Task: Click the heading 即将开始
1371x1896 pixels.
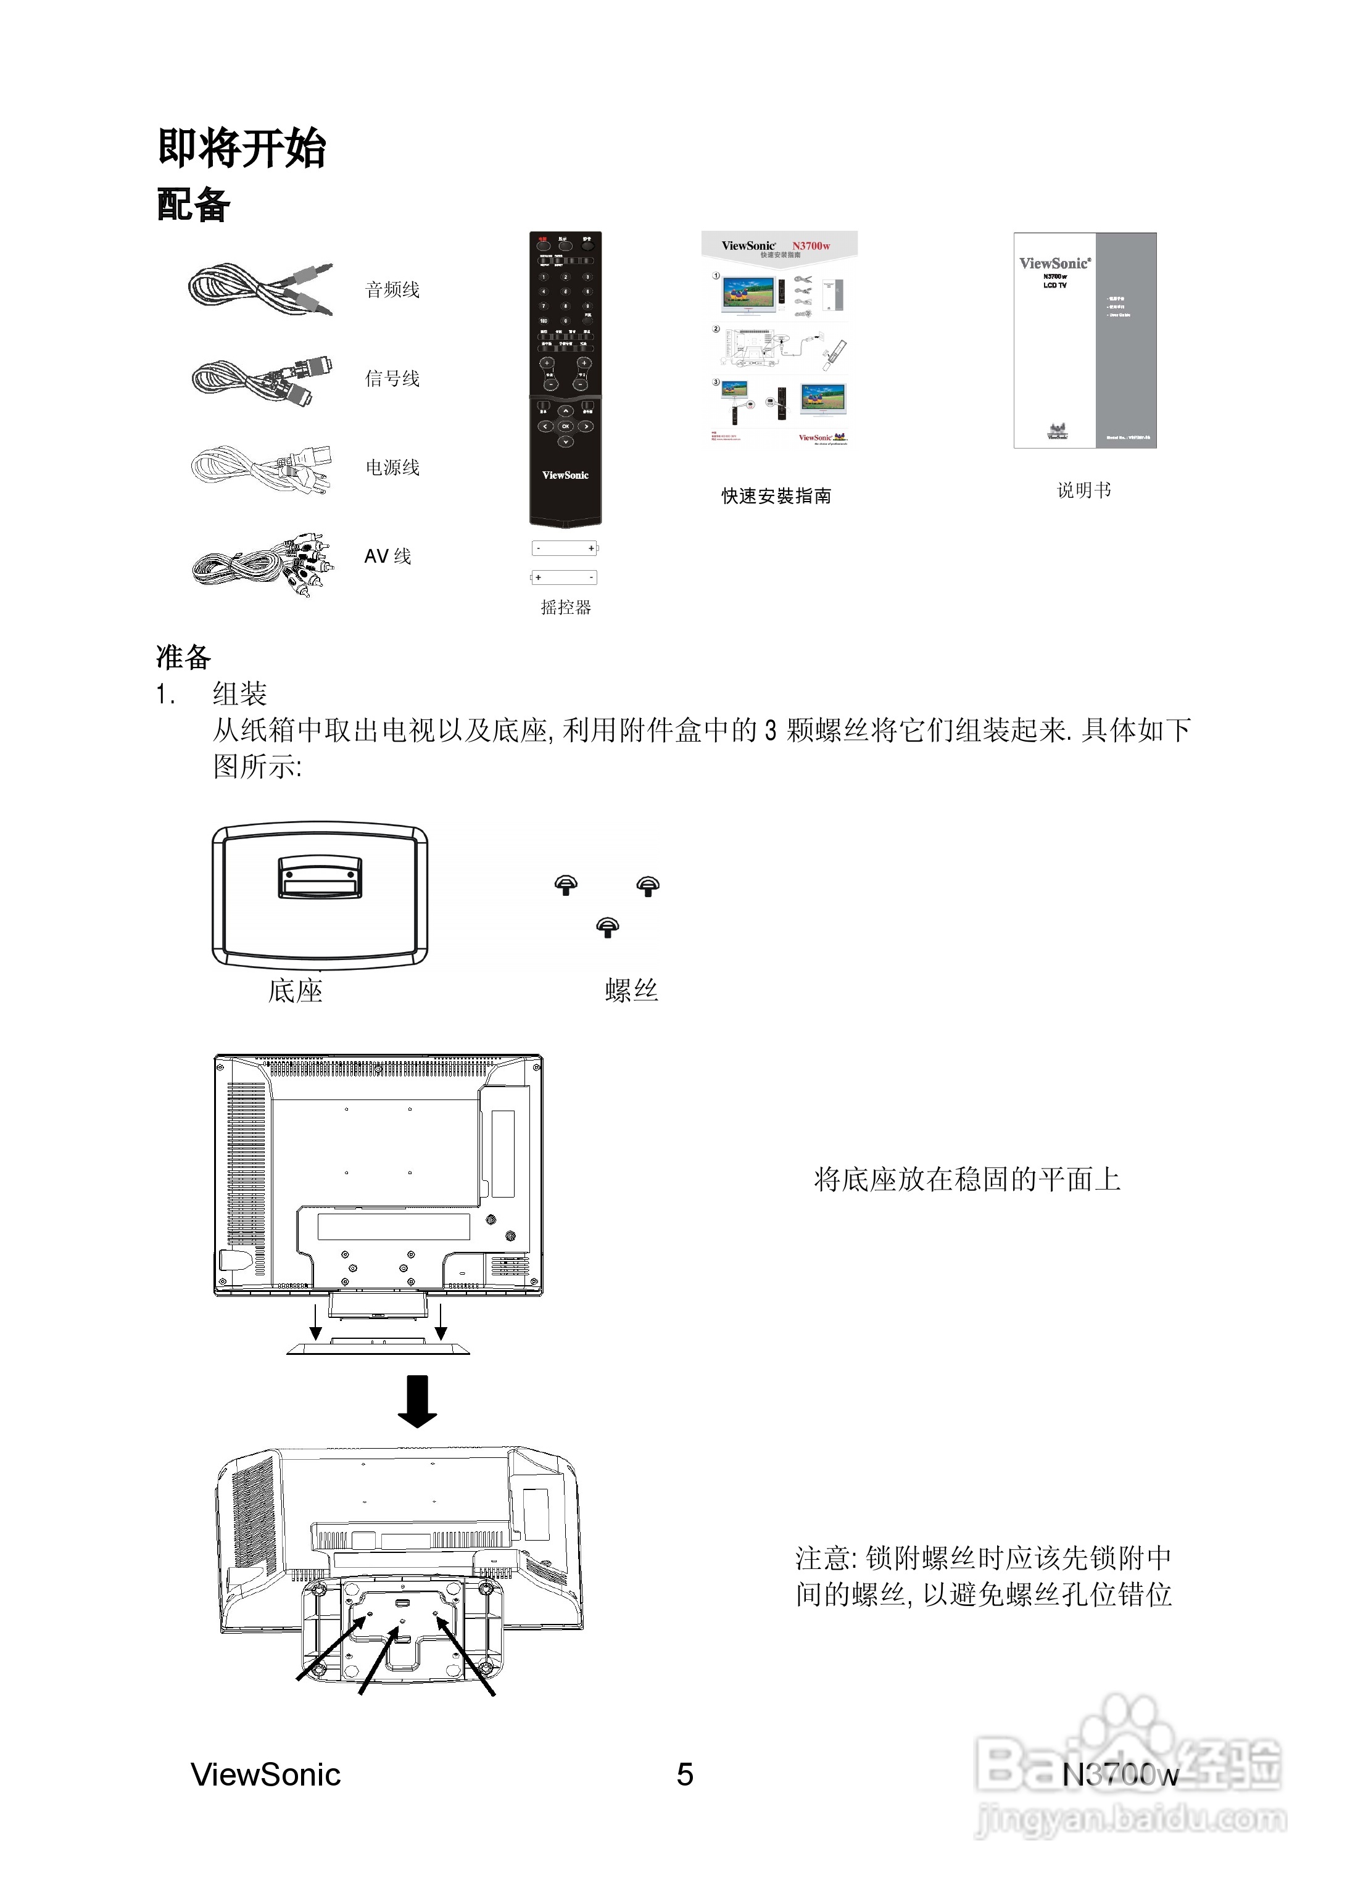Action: point(242,149)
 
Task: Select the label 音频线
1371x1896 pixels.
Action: point(392,290)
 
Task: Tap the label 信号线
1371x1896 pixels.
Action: point(392,379)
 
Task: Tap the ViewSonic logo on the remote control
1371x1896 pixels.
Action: point(565,475)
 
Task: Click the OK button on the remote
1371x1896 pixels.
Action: point(565,426)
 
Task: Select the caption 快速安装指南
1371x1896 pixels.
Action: point(776,495)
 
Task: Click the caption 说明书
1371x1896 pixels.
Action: point(1084,491)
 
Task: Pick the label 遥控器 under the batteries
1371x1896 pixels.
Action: point(565,608)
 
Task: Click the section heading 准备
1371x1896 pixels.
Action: point(183,657)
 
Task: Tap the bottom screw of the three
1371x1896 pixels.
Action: point(608,926)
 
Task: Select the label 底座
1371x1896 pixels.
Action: point(295,991)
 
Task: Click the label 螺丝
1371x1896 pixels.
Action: point(631,991)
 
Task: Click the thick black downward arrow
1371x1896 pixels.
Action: point(417,1402)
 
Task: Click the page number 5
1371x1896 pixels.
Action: point(685,1774)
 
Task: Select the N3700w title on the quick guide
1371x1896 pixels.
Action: point(811,246)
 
